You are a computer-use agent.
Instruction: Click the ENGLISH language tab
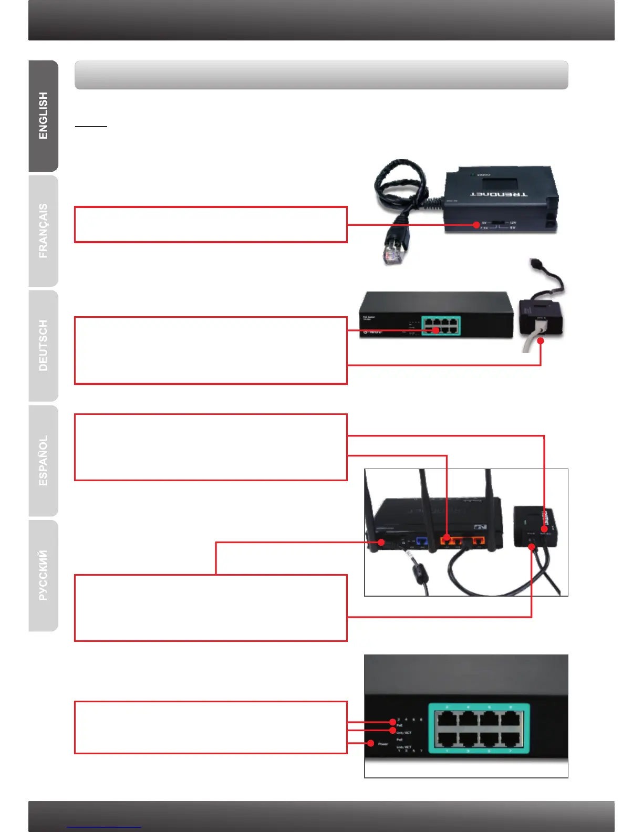[43, 116]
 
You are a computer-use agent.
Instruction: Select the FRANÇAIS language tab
[43, 231]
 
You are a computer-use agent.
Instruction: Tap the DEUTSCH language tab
[43, 346]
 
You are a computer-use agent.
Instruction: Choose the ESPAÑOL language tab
[43, 461]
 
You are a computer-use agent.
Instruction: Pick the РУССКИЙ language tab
[43, 575]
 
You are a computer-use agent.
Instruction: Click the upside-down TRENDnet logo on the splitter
[499, 194]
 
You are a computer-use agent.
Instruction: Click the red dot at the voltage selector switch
[476, 225]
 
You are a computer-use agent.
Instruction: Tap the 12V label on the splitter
[513, 223]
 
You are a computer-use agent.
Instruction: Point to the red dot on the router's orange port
[447, 537]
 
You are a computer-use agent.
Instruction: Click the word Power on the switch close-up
[383, 744]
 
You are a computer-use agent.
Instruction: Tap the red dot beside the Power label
[371, 743]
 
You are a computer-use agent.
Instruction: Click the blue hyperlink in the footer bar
[104, 827]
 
